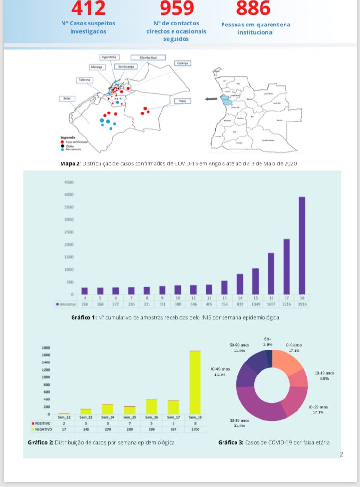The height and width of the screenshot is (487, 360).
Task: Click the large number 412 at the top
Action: (88, 8)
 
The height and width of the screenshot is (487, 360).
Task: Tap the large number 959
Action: (177, 8)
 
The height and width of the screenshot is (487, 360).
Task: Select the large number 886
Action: (253, 8)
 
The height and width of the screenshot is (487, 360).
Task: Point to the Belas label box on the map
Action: (66, 99)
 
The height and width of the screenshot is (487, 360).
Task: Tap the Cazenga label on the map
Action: (183, 63)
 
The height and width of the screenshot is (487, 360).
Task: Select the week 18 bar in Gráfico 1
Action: (302, 245)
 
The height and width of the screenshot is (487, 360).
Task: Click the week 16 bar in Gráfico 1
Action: (271, 273)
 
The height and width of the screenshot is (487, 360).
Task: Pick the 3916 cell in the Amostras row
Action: (302, 304)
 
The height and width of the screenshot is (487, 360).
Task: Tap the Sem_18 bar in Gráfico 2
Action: (195, 382)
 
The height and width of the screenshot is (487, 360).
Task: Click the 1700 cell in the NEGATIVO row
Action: (195, 429)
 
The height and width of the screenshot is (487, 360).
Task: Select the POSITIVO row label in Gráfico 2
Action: (43, 423)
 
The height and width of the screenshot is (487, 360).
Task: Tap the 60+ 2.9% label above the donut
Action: (268, 342)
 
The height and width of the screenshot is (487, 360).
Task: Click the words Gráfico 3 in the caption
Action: (230, 442)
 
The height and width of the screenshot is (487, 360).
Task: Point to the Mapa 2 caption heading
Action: (70, 163)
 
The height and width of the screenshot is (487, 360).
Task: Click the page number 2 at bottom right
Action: (341, 454)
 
